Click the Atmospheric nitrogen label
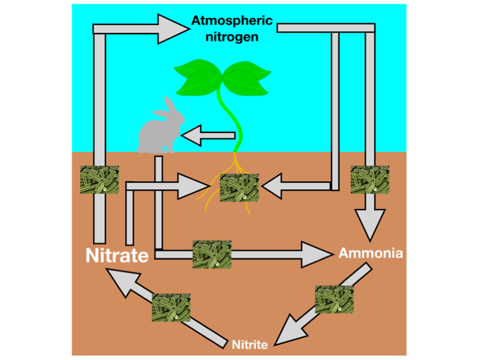232,29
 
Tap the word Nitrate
117,256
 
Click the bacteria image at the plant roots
239,189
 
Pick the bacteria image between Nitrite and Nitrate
171,308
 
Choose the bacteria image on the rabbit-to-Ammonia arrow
211,255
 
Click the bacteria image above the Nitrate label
99,179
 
